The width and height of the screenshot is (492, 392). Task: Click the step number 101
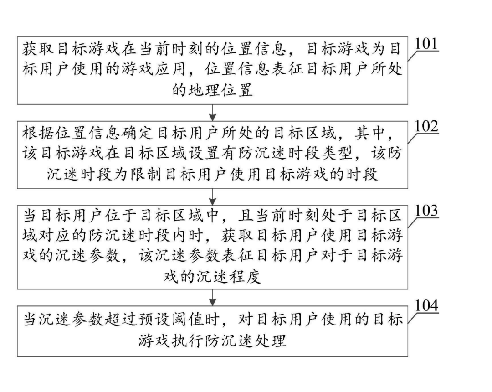(x=426, y=45)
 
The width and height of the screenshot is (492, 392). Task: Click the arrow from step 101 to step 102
(x=213, y=112)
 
